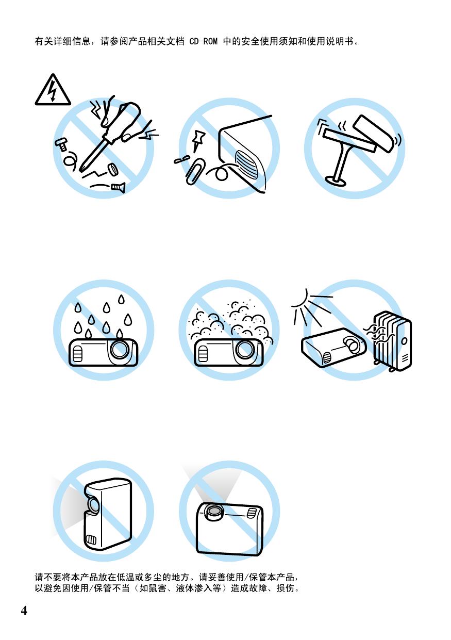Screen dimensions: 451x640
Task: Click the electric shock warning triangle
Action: (x=53, y=91)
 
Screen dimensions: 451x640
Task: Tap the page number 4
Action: (x=24, y=610)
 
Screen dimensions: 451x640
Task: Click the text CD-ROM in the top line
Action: (x=204, y=41)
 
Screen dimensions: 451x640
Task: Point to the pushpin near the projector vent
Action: (x=199, y=141)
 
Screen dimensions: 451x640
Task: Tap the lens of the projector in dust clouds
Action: (x=245, y=349)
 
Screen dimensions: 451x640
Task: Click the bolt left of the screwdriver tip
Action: (x=61, y=144)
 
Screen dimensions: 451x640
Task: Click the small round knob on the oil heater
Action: (x=405, y=341)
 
